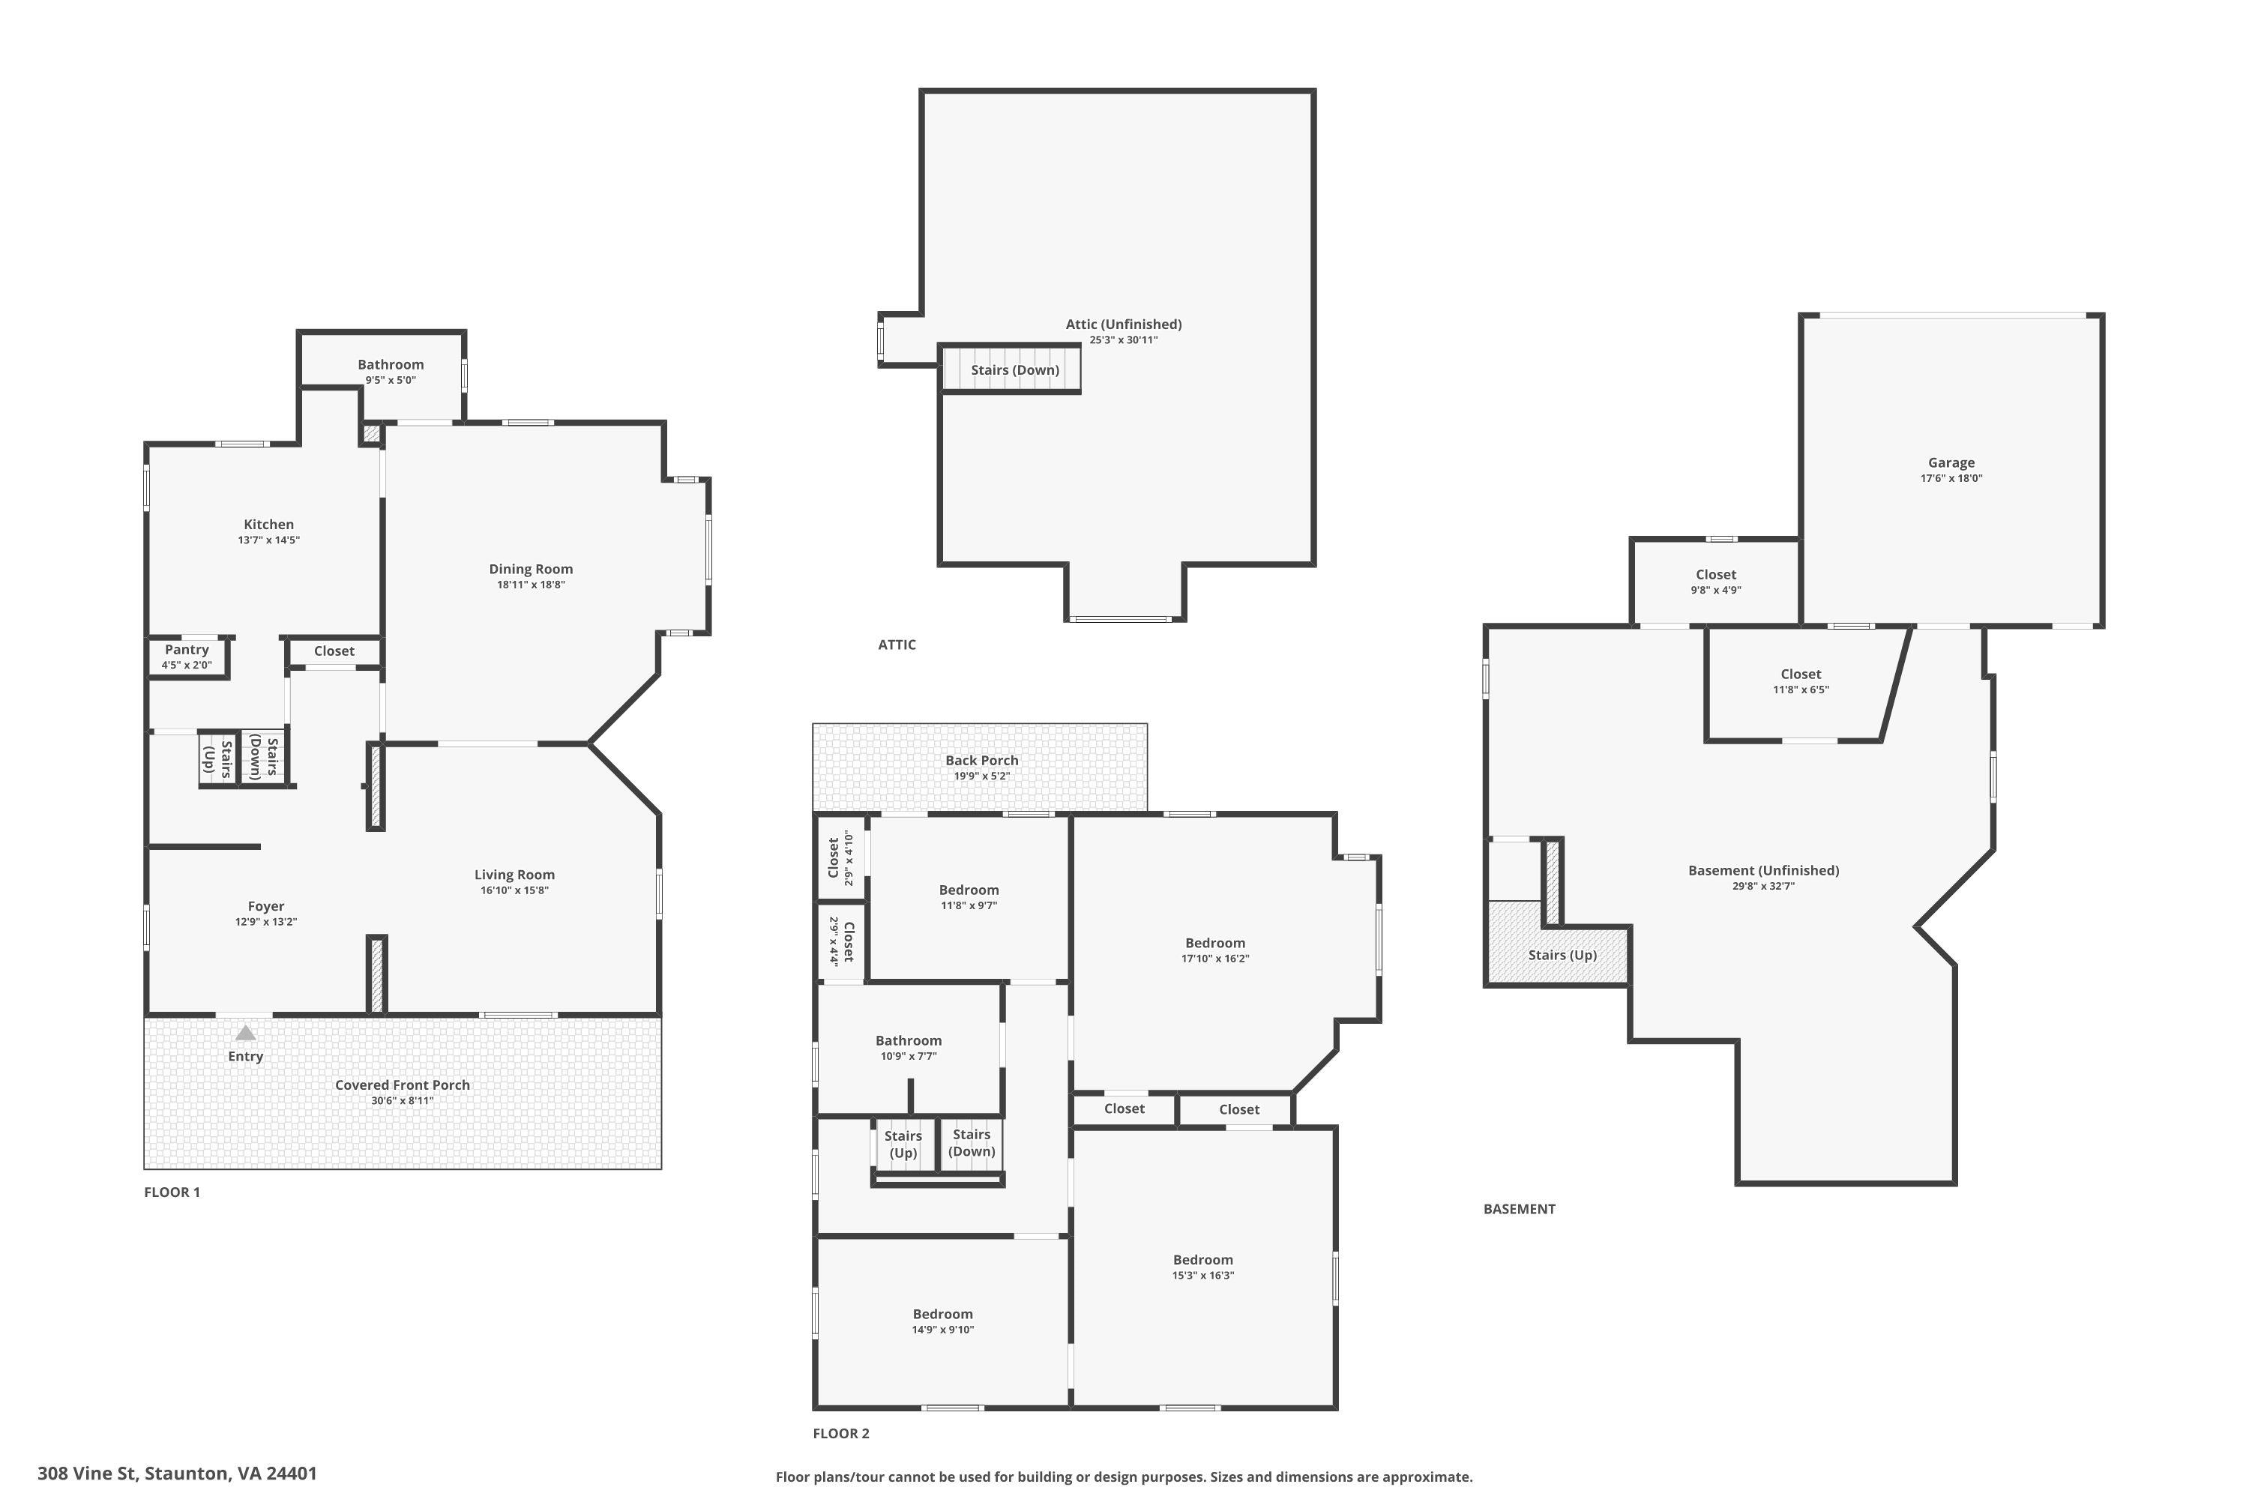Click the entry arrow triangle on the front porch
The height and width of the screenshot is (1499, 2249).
click(x=246, y=1033)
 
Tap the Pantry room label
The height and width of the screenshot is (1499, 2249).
click(x=187, y=650)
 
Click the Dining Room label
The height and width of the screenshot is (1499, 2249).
click(x=531, y=569)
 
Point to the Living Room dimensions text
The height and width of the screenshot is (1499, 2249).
click(x=514, y=891)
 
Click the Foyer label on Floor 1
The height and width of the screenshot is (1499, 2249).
click(x=266, y=906)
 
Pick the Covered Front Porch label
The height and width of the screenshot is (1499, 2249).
click(x=403, y=1085)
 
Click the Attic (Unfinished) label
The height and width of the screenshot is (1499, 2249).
click(x=1124, y=324)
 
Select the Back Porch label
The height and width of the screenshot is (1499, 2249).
click(x=982, y=761)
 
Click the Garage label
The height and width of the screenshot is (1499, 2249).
click(x=1951, y=462)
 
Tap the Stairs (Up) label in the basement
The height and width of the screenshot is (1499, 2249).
click(x=1562, y=955)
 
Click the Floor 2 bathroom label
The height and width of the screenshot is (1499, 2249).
click(x=909, y=1041)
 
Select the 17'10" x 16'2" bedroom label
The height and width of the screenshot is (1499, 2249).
click(x=1215, y=943)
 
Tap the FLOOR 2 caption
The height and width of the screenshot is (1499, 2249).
click(x=841, y=1433)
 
